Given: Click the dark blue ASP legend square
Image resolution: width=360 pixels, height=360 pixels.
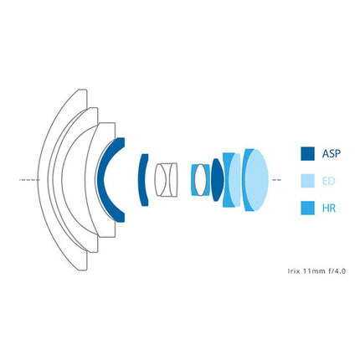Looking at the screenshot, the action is point(307,154).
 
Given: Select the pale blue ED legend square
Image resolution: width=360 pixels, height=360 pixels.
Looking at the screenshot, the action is point(307,181).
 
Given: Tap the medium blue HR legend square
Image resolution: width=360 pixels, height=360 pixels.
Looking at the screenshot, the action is point(307,208).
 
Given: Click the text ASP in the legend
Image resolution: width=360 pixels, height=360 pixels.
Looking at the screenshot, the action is point(332,154).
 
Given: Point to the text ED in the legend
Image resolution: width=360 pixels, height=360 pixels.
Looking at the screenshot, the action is point(328,181).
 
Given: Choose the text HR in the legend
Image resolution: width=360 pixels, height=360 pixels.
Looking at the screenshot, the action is point(329,208).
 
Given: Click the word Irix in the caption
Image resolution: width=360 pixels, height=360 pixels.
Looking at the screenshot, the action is point(292,270).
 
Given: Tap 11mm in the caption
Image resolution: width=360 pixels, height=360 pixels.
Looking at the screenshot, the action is point(312,271).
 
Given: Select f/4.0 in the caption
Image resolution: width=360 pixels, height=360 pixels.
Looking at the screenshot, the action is point(337,271).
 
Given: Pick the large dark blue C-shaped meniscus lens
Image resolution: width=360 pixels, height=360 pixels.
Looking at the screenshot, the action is point(101,180).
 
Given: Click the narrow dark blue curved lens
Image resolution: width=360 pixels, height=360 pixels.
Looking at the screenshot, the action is point(142,180).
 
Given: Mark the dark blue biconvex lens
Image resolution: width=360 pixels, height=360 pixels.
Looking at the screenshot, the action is point(218,180).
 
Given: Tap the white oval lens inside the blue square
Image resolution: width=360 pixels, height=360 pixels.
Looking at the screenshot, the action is point(200,180).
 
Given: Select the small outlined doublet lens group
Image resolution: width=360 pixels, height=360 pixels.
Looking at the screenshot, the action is point(166,179).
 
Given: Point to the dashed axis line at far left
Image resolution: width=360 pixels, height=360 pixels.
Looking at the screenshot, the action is point(29,180).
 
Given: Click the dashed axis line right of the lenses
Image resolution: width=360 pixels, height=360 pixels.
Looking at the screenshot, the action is point(276,180).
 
